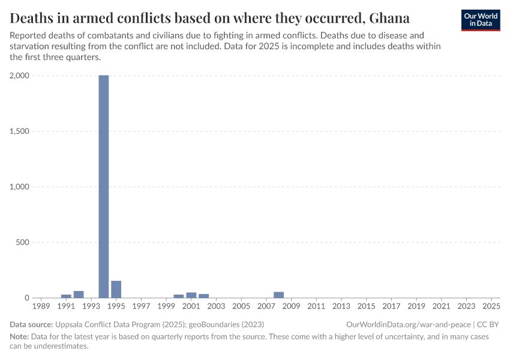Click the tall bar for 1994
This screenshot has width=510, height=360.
104,187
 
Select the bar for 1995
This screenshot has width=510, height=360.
116,289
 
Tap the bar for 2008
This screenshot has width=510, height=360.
278,295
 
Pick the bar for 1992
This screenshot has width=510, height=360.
79,294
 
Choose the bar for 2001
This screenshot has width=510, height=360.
191,295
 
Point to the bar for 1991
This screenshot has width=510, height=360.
66,296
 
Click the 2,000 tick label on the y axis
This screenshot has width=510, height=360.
20,76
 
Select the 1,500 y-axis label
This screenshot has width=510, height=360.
20,131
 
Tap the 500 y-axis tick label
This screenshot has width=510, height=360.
23,242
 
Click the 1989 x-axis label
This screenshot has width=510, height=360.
41,307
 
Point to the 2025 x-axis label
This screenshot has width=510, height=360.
491,307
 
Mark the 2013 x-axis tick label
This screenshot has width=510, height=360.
341,307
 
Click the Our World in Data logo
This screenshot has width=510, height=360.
481,20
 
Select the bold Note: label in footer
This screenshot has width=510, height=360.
20,337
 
